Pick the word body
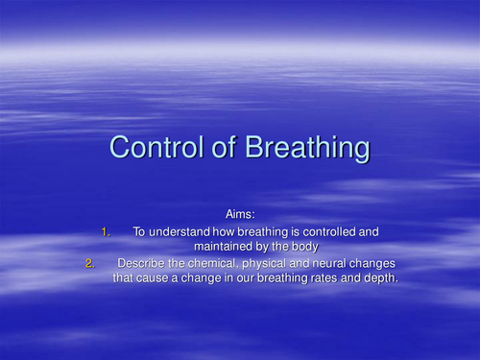pos(306,247)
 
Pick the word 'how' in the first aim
pos(220,231)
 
